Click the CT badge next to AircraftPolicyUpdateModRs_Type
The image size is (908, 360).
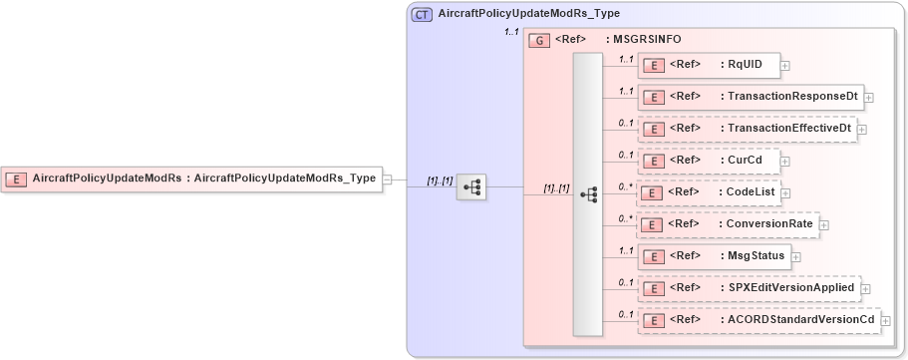coord(422,16)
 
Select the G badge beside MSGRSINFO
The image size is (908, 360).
coord(538,41)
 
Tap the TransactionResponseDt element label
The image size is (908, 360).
coord(792,97)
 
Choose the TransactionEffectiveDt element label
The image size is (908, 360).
coord(788,129)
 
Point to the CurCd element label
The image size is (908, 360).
coord(745,161)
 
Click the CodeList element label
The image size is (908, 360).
coord(752,192)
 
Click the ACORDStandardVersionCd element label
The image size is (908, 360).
coord(800,320)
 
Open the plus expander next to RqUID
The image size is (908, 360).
coord(785,66)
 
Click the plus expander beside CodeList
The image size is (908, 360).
coord(785,193)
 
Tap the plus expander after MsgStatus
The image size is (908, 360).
coord(797,257)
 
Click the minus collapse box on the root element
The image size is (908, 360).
coord(388,180)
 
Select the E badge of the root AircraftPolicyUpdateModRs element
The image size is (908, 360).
coord(17,179)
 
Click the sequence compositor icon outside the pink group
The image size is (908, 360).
coord(470,186)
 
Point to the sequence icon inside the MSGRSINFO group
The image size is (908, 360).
coord(588,193)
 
